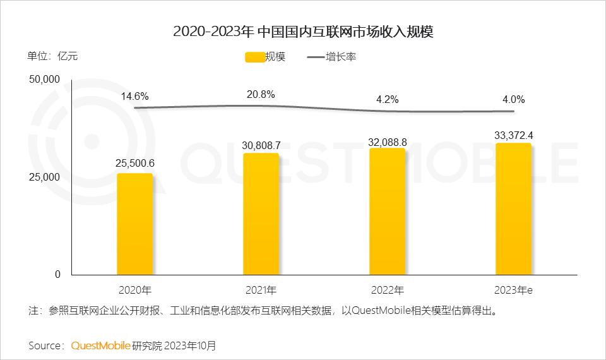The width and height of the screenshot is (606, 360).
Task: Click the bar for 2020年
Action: (x=134, y=224)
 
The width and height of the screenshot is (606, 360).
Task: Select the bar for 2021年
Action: (x=261, y=214)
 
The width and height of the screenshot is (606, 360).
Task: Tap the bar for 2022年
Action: (x=387, y=212)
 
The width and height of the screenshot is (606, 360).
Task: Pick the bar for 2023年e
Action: (x=513, y=209)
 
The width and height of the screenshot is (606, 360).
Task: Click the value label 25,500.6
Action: (x=134, y=163)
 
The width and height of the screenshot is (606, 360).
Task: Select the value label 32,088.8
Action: (x=387, y=139)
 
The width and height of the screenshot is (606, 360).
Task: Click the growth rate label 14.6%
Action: (x=135, y=96)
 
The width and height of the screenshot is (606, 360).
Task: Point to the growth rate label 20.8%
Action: (x=261, y=94)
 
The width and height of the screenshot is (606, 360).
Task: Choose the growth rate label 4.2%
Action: (x=387, y=99)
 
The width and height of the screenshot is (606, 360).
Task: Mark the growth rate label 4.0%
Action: (x=513, y=99)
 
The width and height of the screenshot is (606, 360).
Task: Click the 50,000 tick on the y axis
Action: (x=44, y=80)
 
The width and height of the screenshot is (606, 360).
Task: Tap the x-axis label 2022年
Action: (x=387, y=291)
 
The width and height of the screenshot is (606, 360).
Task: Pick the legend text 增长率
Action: (x=342, y=57)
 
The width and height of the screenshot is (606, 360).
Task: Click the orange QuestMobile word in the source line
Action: (x=101, y=345)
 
